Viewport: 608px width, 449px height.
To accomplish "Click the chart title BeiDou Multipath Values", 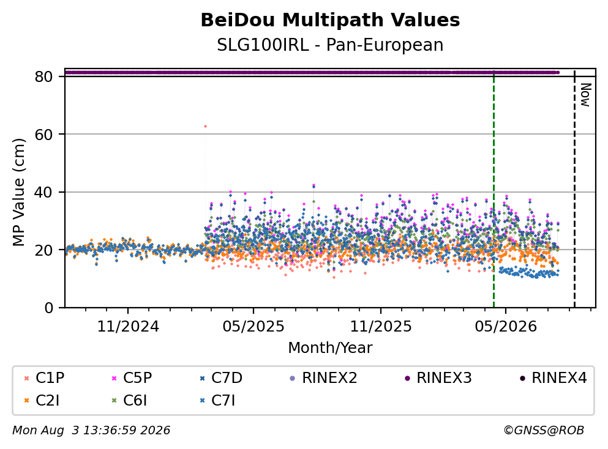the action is tap(330, 20).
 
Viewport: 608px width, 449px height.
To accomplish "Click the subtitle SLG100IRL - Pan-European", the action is tap(330, 45).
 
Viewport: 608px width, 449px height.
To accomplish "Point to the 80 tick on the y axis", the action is tap(44, 76).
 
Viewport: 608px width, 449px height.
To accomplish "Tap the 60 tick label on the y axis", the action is tap(44, 135).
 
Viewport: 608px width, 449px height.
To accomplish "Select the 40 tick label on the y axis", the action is tap(44, 192).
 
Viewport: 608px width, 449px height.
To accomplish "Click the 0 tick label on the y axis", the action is tap(49, 308).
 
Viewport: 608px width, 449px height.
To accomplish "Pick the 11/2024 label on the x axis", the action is tap(128, 327).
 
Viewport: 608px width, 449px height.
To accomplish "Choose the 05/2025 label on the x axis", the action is tap(253, 327).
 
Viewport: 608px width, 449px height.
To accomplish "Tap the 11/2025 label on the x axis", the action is tap(381, 327).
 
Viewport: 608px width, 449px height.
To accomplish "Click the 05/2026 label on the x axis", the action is tap(506, 327).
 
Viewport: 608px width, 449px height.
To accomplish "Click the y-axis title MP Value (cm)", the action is tap(18, 192).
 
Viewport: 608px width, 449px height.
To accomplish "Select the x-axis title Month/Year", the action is tap(330, 348).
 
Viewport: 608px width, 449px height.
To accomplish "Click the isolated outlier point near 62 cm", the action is tap(205, 126).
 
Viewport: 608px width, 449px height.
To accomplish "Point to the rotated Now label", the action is tap(585, 95).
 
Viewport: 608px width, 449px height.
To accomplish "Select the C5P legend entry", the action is tap(132, 377).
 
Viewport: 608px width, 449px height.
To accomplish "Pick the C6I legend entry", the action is tap(130, 400).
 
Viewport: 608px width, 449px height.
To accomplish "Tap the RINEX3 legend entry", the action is tap(438, 377).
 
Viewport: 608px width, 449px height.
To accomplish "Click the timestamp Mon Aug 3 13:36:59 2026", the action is tap(91, 431).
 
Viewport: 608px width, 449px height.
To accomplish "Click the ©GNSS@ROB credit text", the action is tap(544, 431).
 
